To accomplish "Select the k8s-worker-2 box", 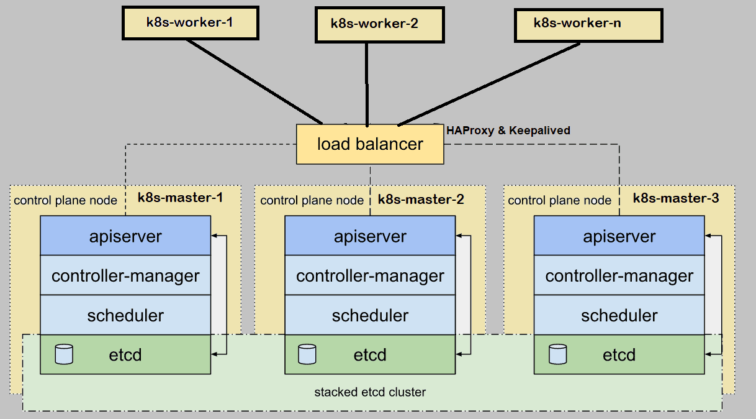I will tap(379, 24).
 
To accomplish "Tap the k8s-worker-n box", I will tap(588, 24).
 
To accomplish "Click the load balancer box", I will tap(370, 144).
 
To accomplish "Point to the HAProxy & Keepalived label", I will tap(508, 131).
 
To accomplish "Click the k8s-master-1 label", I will tap(180, 198).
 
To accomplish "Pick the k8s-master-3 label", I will tap(676, 198).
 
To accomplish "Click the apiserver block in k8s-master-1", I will tap(125, 236).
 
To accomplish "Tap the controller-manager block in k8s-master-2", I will tap(370, 275).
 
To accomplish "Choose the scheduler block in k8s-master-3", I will tap(619, 315).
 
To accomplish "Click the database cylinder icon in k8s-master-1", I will tap(64, 354).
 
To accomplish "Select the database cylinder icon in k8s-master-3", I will tap(558, 354).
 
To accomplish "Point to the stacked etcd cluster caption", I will tap(370, 392).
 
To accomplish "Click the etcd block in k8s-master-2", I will tap(370, 355).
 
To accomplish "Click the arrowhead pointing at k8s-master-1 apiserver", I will tap(215, 236).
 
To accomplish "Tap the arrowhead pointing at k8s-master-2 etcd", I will tap(459, 354).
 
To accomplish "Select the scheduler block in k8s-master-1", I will tap(125, 315).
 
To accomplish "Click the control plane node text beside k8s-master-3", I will tap(559, 200).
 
